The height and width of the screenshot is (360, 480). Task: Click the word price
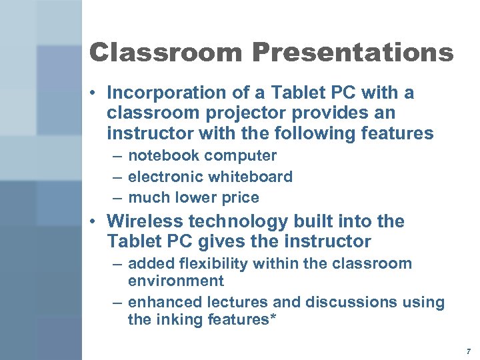[242, 197]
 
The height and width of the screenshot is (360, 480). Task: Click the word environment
[176, 281]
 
